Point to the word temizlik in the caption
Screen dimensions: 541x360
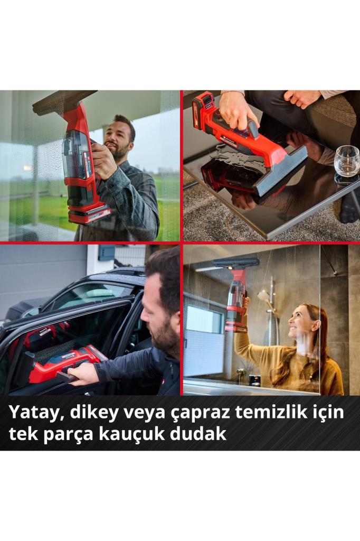274,413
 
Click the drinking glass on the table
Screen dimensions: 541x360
346,161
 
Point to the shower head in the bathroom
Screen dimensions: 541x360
263,296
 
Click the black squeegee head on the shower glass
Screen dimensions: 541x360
236,263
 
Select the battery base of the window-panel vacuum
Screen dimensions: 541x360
89,214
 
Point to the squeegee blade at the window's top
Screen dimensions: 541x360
63,101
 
